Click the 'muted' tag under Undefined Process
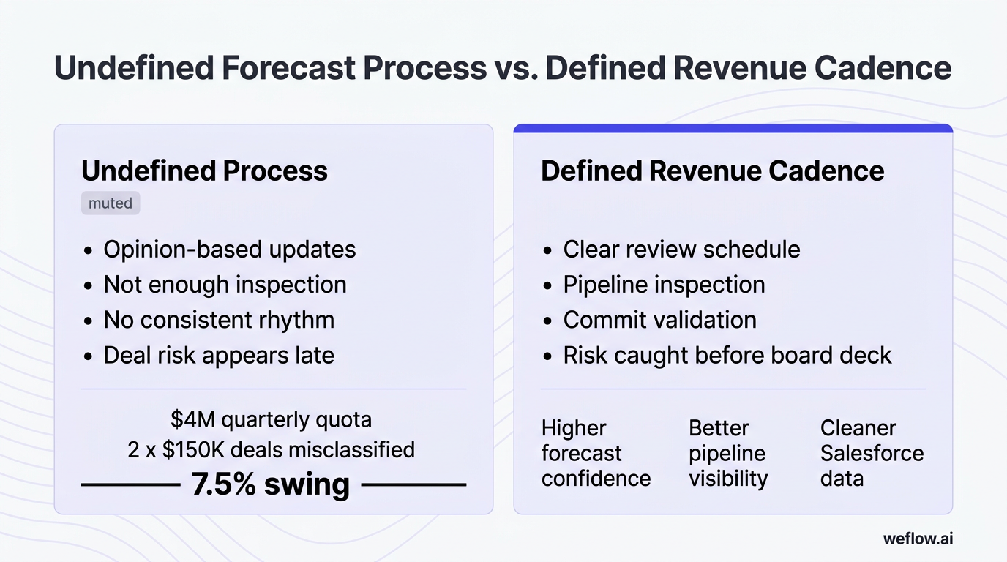point(110,203)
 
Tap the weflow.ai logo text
point(918,539)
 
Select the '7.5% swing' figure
point(270,484)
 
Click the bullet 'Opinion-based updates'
point(229,250)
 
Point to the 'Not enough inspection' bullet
point(225,285)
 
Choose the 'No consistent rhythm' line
point(219,320)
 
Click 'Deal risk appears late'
point(219,355)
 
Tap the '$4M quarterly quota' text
point(271,419)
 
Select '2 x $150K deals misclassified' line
point(271,449)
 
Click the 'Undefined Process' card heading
point(204,171)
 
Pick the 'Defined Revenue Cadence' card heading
point(712,171)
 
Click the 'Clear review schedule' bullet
point(681,250)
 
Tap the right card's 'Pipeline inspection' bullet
point(664,285)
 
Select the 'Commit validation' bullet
point(659,320)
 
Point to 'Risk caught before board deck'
point(727,355)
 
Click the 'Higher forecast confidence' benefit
point(596,453)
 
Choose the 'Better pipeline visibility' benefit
point(728,453)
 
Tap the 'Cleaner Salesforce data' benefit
point(872,453)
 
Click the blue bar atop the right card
point(733,129)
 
